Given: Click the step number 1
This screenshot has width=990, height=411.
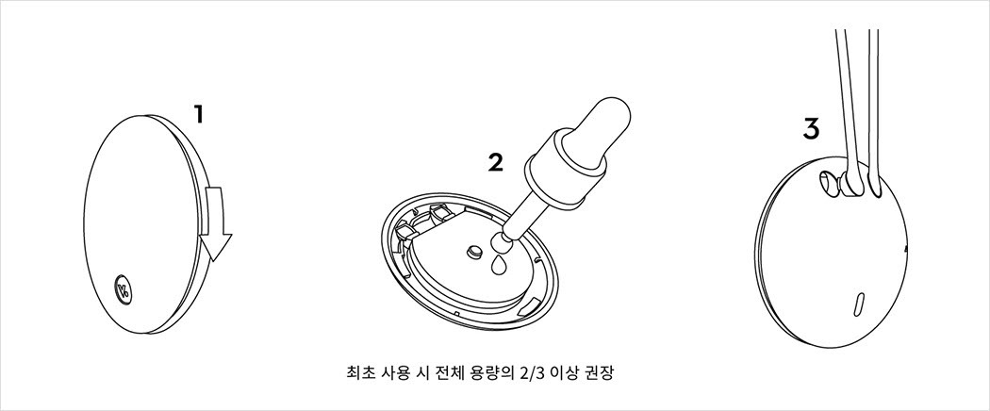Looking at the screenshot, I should coord(199,115).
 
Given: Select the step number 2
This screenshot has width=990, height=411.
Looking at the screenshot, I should coord(496,163).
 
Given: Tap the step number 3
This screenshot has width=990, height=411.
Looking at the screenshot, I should coord(811,128).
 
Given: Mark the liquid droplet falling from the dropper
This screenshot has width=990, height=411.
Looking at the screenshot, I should coord(499,267).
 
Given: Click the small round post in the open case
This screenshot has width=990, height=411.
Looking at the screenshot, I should coord(474,251).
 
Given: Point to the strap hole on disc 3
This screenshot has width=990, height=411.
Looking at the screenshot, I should coord(829,184).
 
